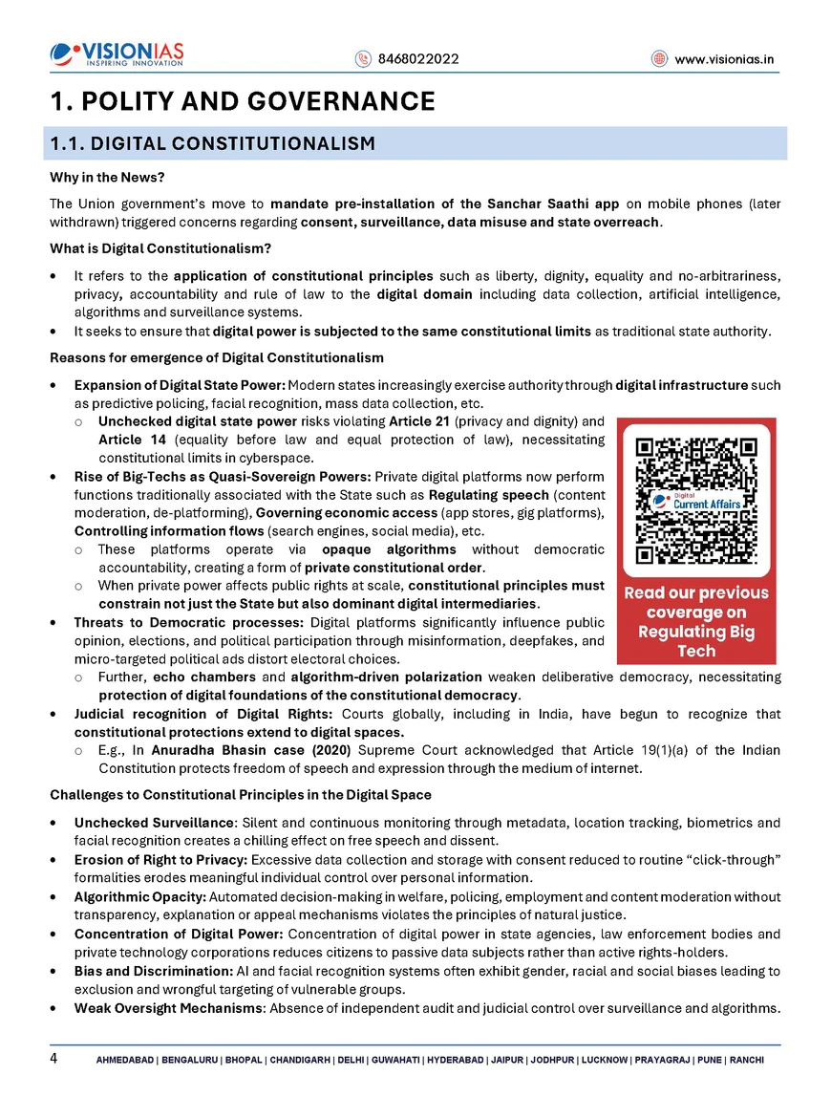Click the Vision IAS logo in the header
(117, 55)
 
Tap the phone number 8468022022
(417, 59)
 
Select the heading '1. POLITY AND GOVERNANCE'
(243, 101)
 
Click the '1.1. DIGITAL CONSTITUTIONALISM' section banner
(212, 144)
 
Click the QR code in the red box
(696, 501)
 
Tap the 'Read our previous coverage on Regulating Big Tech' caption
(696, 622)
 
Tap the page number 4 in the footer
(54, 1059)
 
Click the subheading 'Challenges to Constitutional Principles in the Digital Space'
(240, 795)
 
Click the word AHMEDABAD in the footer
(126, 1061)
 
